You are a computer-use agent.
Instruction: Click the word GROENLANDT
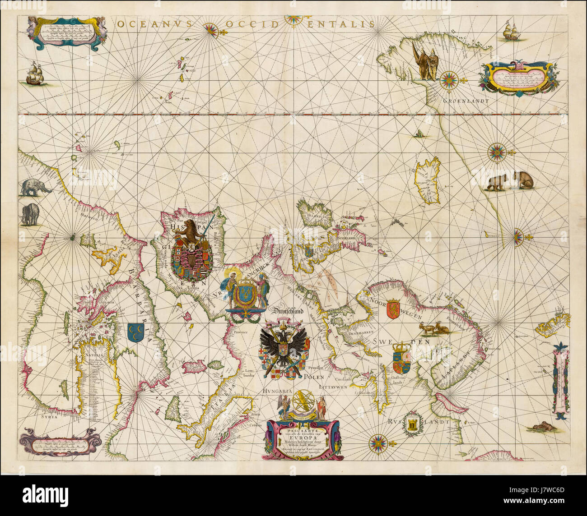coord(466,101)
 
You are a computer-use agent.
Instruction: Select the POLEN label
coord(315,376)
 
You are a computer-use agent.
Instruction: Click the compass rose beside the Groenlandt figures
coord(450,80)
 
